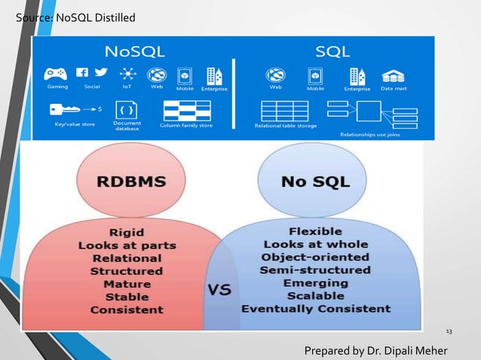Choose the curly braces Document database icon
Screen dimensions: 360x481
point(126,107)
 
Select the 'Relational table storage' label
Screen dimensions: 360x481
point(284,126)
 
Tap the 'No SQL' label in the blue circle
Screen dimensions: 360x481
point(315,182)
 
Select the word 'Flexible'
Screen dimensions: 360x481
point(315,231)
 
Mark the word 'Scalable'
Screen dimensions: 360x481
point(315,296)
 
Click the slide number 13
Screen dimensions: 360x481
point(450,331)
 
